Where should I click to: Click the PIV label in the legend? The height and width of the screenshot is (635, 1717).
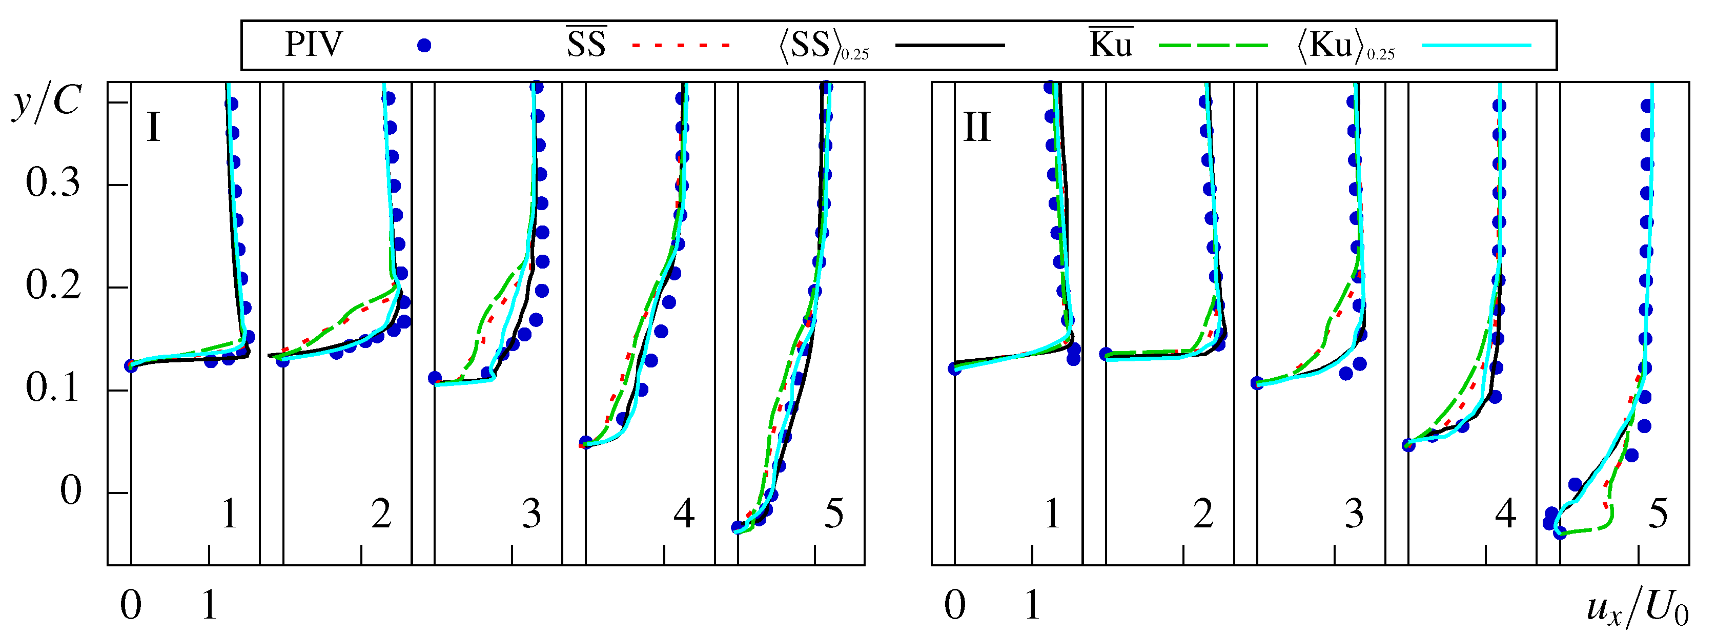(x=313, y=45)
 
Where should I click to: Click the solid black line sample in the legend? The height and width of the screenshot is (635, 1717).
(x=950, y=45)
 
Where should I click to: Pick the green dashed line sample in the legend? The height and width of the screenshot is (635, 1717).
(x=1213, y=45)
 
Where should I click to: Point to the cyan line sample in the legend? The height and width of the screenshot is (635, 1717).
(x=1477, y=45)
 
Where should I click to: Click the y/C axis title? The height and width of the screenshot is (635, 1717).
(x=47, y=104)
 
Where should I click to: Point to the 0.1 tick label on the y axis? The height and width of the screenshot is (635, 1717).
(x=53, y=388)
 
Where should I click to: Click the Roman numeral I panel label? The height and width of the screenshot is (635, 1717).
(x=153, y=127)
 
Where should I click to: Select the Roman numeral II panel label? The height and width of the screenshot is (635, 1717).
(x=977, y=127)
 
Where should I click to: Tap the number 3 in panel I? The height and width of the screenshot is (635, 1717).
(x=531, y=515)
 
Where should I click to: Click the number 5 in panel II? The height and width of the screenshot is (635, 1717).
(x=1658, y=515)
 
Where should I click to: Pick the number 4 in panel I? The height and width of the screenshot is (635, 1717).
(x=684, y=515)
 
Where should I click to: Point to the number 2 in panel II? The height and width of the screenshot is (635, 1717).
(x=1203, y=515)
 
